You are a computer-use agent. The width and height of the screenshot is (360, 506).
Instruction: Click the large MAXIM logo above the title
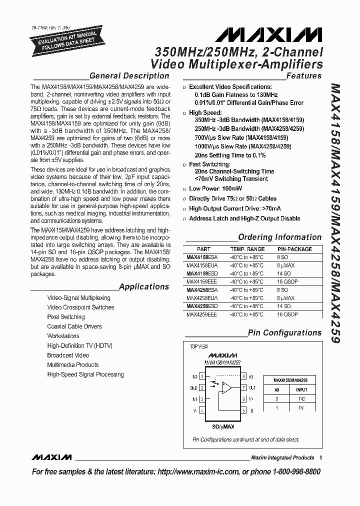pyautogui.click(x=268, y=34)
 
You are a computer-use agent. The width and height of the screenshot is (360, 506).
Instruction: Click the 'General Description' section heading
pyautogui.click(x=129, y=76)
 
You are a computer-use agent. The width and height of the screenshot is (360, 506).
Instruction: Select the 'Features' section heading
pyautogui.click(x=304, y=76)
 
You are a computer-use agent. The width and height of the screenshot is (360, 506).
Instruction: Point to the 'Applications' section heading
pyautogui.click(x=144, y=287)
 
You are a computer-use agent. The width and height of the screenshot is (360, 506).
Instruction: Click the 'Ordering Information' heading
pyautogui.click(x=279, y=237)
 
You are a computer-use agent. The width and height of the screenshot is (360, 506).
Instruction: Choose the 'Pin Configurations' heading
pyautogui.click(x=284, y=333)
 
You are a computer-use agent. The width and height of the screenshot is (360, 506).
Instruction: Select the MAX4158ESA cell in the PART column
pyautogui.click(x=198, y=257)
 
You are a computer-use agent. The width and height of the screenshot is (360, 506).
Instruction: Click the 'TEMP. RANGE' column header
pyautogui.click(x=247, y=249)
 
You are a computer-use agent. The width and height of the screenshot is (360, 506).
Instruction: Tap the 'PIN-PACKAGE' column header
pyautogui.click(x=294, y=249)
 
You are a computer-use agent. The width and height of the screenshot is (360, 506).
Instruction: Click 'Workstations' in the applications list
pyautogui.click(x=63, y=336)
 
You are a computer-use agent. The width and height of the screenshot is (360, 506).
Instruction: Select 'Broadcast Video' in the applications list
pyautogui.click(x=68, y=355)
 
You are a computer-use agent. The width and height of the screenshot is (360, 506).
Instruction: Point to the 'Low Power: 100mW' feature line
pyautogui.click(x=215, y=188)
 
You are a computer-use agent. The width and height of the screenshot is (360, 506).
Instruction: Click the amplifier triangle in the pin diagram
pyautogui.click(x=227, y=387)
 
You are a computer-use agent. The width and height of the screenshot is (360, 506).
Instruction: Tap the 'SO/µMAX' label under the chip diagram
pyautogui.click(x=220, y=426)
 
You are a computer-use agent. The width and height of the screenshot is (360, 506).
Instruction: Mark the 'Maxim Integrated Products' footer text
pyautogui.click(x=282, y=457)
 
